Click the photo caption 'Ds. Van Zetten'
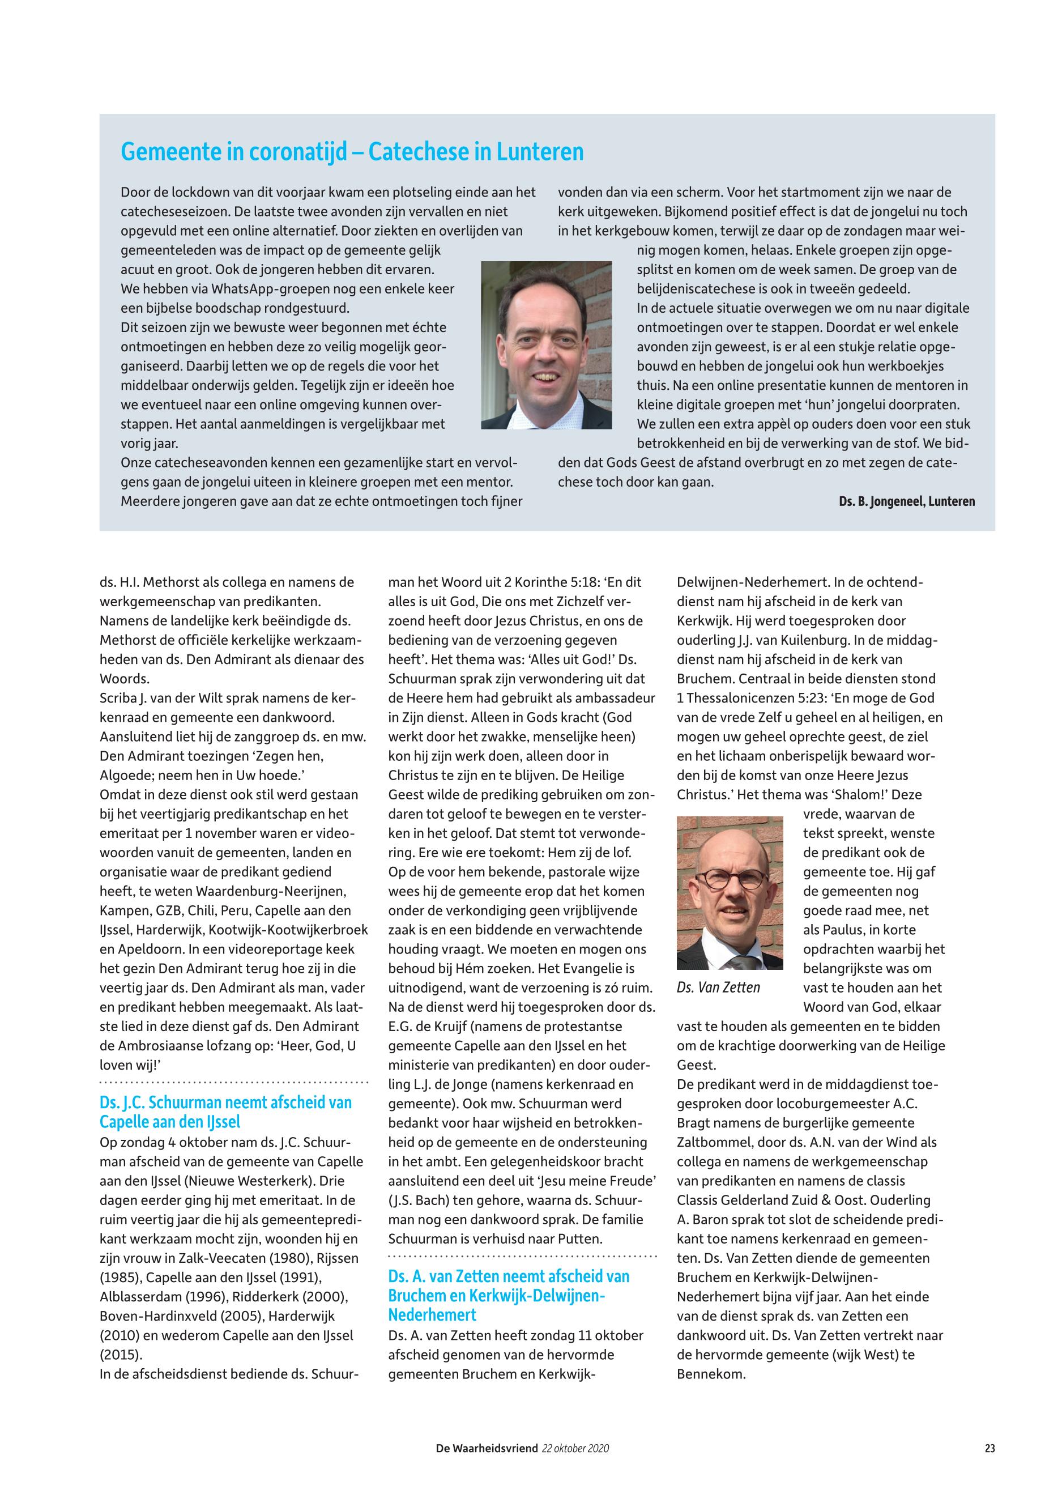(x=718, y=987)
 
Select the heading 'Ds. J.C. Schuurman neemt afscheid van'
(x=226, y=1102)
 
